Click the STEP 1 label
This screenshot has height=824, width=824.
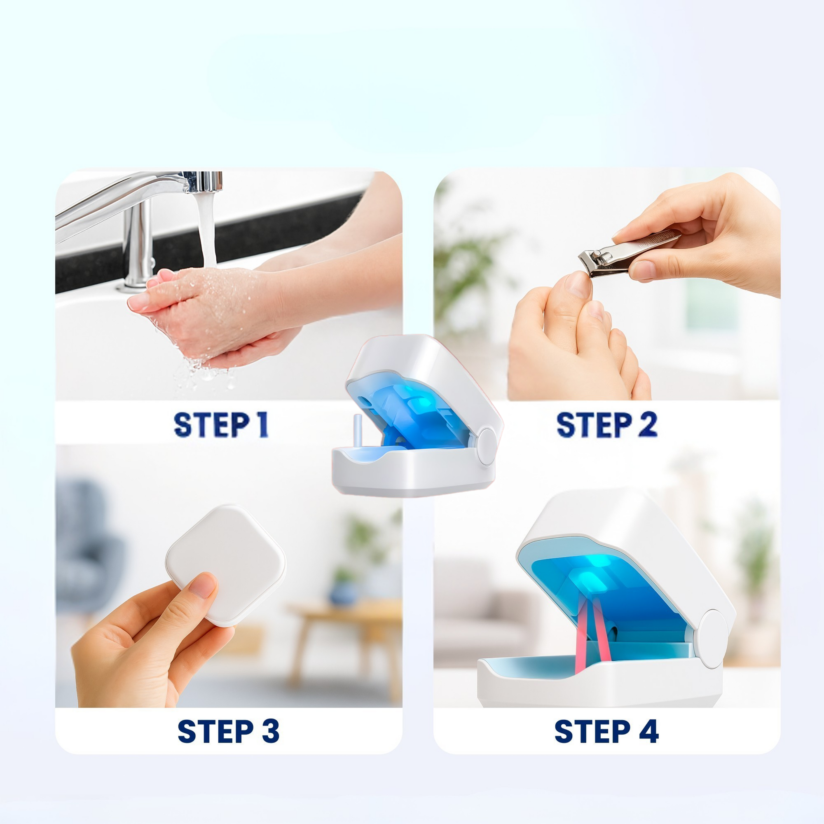(220, 424)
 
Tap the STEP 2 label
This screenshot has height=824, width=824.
(606, 424)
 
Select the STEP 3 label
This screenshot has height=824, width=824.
(228, 731)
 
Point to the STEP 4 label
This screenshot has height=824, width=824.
(606, 731)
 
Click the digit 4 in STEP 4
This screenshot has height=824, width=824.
(649, 731)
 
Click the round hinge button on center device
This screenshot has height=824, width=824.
(486, 446)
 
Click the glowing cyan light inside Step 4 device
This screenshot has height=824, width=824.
(584, 580)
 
